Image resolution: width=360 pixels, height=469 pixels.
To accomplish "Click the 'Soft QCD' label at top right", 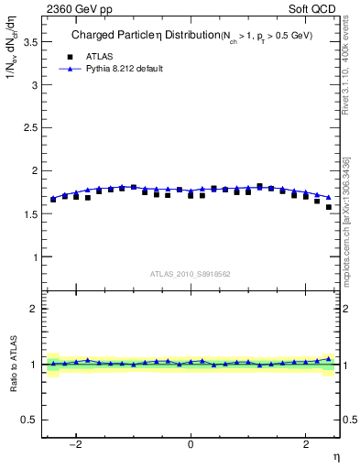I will click(312, 10).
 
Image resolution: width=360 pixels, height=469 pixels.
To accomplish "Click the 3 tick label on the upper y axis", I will click(33, 85).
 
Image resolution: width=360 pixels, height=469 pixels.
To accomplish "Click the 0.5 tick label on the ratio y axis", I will click(27, 420).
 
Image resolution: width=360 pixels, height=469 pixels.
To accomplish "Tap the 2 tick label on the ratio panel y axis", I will click(33, 309).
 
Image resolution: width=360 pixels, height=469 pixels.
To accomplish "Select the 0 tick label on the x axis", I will click(191, 444).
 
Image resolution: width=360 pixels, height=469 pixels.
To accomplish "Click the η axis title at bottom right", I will click(334, 457).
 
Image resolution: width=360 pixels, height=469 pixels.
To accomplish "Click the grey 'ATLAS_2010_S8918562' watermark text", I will click(191, 274).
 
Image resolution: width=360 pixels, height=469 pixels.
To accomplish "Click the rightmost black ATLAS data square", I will click(328, 207).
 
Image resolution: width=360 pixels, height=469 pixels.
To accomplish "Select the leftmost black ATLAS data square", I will click(53, 199).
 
